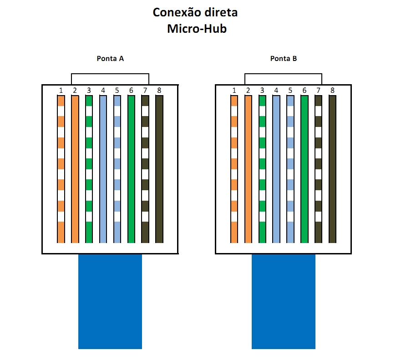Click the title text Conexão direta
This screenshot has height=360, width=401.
pyautogui.click(x=195, y=12)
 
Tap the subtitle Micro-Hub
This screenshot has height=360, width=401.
pyautogui.click(x=197, y=29)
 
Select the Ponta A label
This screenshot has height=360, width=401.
pyautogui.click(x=110, y=59)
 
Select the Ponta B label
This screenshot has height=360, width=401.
pyautogui.click(x=284, y=59)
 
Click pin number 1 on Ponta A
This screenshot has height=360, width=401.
pyautogui.click(x=61, y=91)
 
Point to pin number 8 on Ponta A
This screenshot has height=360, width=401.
pyautogui.click(x=159, y=91)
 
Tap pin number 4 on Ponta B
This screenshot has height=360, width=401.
pyautogui.click(x=276, y=91)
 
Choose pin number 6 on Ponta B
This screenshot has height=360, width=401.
pyautogui.click(x=304, y=91)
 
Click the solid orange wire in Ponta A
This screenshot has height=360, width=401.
pyautogui.click(x=75, y=168)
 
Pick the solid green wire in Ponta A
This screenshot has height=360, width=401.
pyautogui.click(x=131, y=168)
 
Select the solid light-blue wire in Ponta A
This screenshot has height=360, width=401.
pyautogui.click(x=103, y=168)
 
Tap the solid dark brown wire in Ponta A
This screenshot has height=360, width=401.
pyautogui.click(x=159, y=168)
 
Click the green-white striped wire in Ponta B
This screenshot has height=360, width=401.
pyautogui.click(x=262, y=168)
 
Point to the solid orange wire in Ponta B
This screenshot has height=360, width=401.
pyautogui.click(x=248, y=168)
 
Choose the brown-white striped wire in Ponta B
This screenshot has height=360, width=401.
pyautogui.click(x=318, y=168)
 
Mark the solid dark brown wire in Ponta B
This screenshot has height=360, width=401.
pyautogui.click(x=332, y=168)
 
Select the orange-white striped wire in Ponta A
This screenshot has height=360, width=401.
pyautogui.click(x=61, y=168)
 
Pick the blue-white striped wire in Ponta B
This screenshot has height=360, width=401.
pyautogui.click(x=290, y=168)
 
